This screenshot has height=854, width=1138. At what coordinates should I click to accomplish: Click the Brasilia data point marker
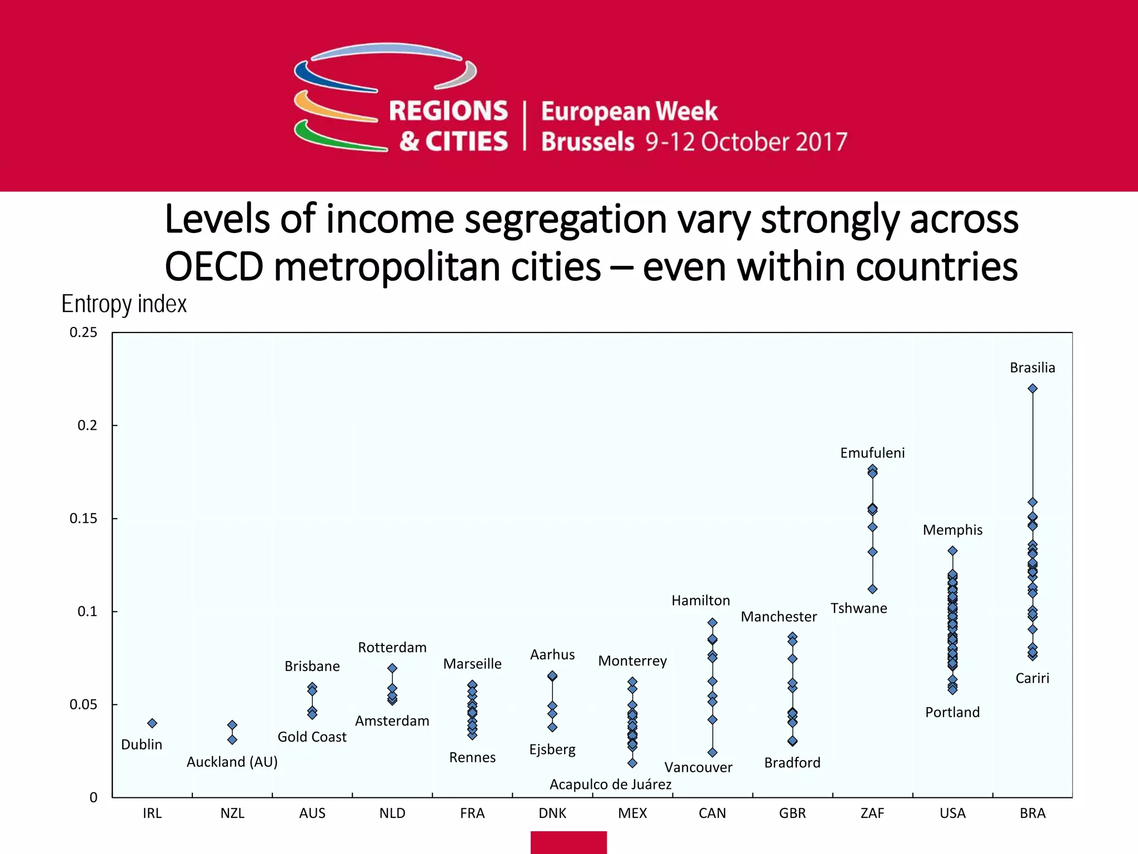(x=1032, y=389)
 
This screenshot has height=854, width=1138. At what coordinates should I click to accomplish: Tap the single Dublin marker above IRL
(x=152, y=723)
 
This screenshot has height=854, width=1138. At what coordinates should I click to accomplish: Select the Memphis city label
(x=952, y=530)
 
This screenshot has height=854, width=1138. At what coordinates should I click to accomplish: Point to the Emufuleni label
(x=872, y=453)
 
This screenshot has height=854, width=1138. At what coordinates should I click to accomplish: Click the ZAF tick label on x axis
(x=872, y=813)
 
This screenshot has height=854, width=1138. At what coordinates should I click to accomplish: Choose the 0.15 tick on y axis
(x=83, y=519)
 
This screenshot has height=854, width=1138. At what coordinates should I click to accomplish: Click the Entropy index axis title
(x=124, y=304)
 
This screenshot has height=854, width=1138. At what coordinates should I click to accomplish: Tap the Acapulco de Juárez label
(x=610, y=785)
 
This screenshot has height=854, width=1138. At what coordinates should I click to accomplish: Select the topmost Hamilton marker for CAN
(x=712, y=623)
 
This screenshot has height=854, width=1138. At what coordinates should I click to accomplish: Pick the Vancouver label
(x=698, y=768)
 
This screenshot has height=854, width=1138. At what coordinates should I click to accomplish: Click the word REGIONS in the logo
(x=448, y=111)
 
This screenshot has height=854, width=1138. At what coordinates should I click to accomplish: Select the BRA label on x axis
(x=1032, y=813)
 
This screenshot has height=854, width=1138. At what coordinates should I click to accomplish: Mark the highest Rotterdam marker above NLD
(x=392, y=668)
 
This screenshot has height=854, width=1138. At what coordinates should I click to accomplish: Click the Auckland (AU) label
(x=232, y=762)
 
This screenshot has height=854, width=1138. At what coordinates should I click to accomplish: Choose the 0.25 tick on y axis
(x=83, y=332)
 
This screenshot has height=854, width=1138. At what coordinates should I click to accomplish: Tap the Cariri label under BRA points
(x=1032, y=678)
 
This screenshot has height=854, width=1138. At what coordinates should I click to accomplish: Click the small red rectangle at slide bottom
(x=568, y=842)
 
